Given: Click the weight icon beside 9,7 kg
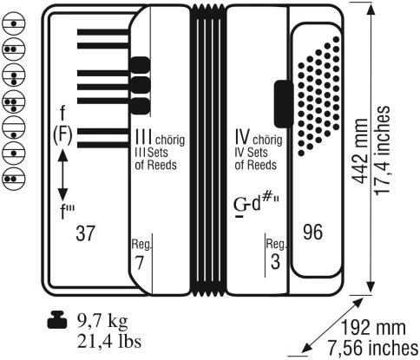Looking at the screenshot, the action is [x=57, y=320].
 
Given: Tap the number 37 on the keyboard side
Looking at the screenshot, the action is [x=85, y=233].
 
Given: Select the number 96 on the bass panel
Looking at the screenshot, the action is [x=312, y=232].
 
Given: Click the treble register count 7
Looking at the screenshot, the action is [x=139, y=263].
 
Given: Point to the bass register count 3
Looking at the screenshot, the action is [x=275, y=261].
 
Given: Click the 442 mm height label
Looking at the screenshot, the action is [x=360, y=151].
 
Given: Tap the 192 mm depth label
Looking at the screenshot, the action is [x=373, y=328].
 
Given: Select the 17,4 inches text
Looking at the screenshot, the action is [x=383, y=151].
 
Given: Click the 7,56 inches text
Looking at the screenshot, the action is [x=373, y=347].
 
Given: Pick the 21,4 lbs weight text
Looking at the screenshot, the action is [x=109, y=342].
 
